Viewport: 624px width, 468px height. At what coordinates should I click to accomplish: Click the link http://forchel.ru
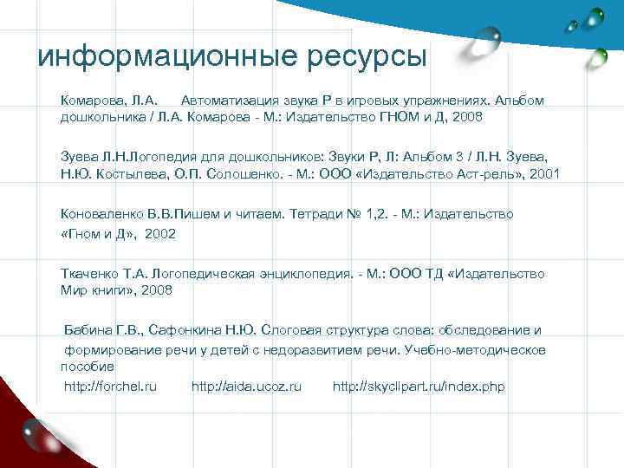point(111,387)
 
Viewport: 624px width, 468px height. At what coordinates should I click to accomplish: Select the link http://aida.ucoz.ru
point(246,387)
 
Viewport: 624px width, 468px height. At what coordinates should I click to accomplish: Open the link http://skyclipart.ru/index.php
point(419,387)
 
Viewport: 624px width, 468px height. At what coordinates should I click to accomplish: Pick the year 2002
point(160,234)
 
